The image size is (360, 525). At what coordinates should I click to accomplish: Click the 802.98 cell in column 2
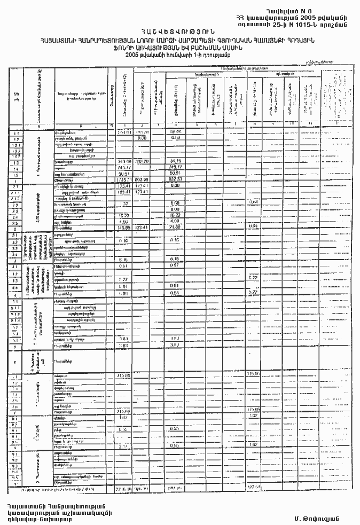click(142, 180)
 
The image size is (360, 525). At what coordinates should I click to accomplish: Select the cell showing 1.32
click(123, 203)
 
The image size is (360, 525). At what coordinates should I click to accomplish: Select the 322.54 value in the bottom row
click(254, 487)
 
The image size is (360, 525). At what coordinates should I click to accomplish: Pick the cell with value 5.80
click(123, 293)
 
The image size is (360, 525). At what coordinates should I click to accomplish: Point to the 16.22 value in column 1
click(123, 215)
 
